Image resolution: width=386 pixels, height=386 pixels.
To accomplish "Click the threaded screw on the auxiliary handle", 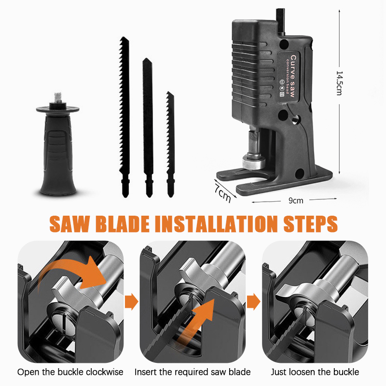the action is (x=57, y=97).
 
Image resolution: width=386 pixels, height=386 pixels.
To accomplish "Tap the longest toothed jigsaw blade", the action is (x=124, y=117).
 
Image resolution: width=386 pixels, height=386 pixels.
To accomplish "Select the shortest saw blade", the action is (x=170, y=144).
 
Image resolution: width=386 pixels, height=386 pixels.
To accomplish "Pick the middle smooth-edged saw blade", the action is (x=148, y=127).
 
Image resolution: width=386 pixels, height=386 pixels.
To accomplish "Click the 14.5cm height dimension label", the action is (x=340, y=83).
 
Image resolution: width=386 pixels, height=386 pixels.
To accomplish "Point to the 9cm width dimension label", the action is (x=296, y=201).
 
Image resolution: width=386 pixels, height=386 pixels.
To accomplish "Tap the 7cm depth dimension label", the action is (x=222, y=193).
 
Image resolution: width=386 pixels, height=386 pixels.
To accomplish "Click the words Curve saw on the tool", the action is (x=292, y=76).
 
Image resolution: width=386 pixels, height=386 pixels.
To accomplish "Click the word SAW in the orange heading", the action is (x=69, y=224).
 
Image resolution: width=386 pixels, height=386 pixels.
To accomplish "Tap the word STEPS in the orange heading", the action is (x=310, y=224).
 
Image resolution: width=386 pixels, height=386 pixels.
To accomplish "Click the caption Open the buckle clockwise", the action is (x=70, y=372).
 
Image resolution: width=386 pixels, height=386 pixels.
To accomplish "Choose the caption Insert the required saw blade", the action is (x=193, y=372).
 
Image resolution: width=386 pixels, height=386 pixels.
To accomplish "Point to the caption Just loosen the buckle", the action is (x=315, y=372).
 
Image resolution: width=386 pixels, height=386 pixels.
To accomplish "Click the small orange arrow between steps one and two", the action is (x=131, y=301).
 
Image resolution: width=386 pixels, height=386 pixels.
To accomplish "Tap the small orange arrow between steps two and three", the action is (x=254, y=301).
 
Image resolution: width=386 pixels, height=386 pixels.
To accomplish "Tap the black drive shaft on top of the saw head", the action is (x=280, y=22).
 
